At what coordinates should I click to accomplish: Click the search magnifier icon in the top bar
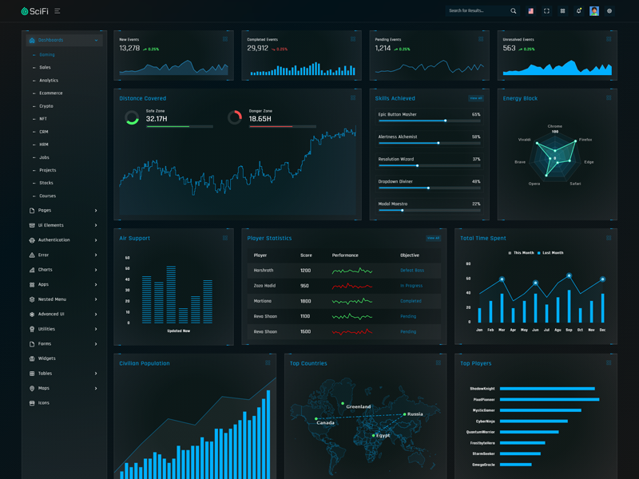click(514, 11)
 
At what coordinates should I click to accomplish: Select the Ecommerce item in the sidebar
click(50, 93)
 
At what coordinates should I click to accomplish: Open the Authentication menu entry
click(54, 240)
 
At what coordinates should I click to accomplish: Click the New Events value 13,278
click(129, 49)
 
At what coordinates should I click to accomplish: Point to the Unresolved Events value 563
click(509, 49)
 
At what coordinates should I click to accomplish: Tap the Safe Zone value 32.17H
click(157, 119)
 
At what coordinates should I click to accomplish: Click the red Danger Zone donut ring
click(234, 117)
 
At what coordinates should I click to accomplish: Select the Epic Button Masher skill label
click(397, 115)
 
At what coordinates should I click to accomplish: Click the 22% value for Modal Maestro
click(476, 204)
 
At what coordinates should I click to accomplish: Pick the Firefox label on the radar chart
click(585, 140)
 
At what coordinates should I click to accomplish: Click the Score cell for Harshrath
click(305, 271)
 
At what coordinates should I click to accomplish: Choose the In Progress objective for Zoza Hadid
click(411, 286)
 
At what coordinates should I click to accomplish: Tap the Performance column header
click(345, 255)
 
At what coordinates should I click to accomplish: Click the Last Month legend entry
click(550, 253)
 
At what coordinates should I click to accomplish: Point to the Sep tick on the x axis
click(569, 330)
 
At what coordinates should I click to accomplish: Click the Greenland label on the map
click(358, 407)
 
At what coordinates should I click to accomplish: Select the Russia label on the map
click(415, 414)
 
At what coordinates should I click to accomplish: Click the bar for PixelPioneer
click(549, 399)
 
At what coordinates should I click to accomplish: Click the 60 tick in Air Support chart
click(128, 258)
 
